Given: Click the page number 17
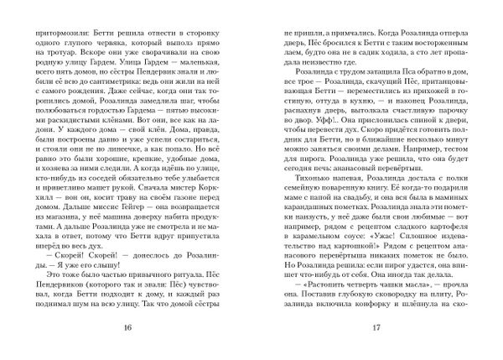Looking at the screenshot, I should (376, 326).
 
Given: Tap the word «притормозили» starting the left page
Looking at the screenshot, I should (53, 27).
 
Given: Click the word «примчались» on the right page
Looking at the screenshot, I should (336, 27).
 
